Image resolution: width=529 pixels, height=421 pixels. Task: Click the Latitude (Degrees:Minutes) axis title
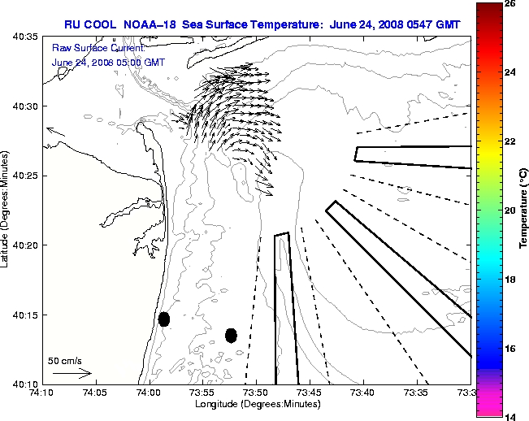coord(6,210)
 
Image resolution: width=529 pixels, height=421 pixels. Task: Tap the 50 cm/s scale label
coord(65,360)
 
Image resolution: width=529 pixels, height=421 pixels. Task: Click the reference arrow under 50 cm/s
coord(72,373)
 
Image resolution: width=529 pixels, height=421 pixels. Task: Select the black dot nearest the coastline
coord(163,319)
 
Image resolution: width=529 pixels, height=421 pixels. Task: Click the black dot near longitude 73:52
coord(231,335)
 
